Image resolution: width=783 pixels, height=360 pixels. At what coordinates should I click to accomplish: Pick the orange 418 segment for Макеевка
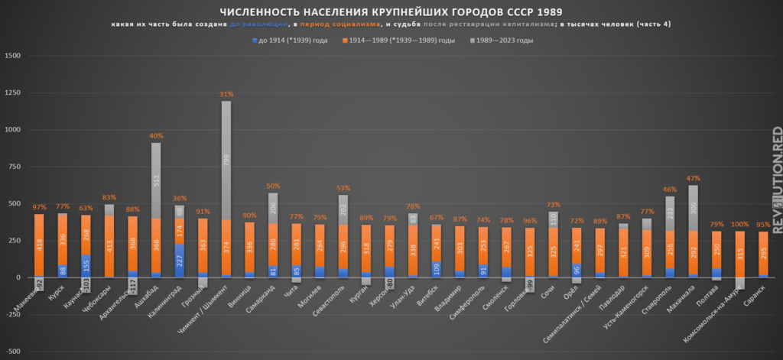tap(39, 245)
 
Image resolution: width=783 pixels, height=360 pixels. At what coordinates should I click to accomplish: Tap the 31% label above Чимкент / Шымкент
tap(226, 95)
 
